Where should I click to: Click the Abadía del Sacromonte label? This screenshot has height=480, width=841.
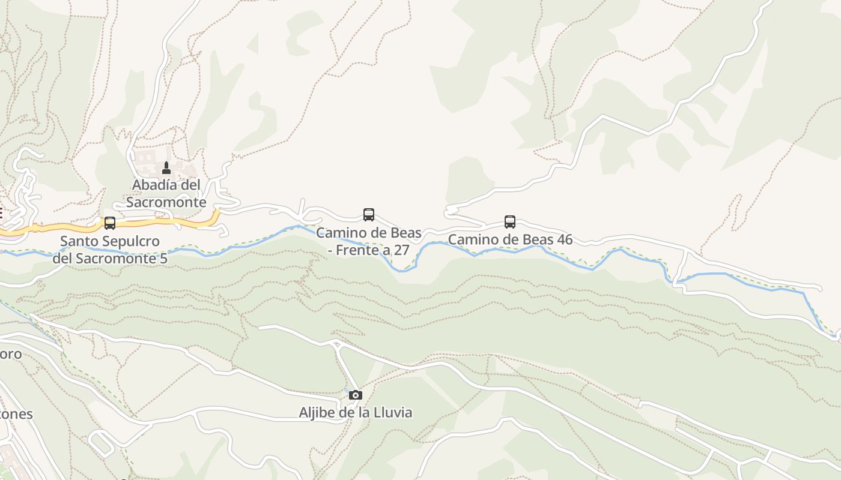tap(166, 193)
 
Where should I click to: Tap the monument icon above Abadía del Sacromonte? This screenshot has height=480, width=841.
tap(166, 168)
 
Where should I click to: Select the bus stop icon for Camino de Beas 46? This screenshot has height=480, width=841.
tap(510, 222)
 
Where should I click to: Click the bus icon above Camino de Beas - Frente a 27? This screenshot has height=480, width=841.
tap(369, 215)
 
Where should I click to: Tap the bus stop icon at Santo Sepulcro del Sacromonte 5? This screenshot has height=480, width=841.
tap(110, 223)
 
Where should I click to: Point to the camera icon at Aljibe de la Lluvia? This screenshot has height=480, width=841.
tap(356, 395)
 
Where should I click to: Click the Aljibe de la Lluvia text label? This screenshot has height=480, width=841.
tap(356, 413)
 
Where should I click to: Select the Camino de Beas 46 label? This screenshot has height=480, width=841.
tap(510, 239)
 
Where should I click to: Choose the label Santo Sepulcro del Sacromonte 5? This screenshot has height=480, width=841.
tap(110, 250)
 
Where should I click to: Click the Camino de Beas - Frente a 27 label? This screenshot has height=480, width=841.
tap(369, 241)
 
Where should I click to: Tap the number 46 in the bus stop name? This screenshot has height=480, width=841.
tap(564, 239)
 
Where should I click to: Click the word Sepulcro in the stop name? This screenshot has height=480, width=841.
tap(132, 242)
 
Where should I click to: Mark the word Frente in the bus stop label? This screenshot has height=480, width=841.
tap(354, 250)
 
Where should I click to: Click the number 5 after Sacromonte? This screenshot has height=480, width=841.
tap(163, 259)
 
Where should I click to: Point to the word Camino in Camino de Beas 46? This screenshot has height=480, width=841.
tap(472, 239)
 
